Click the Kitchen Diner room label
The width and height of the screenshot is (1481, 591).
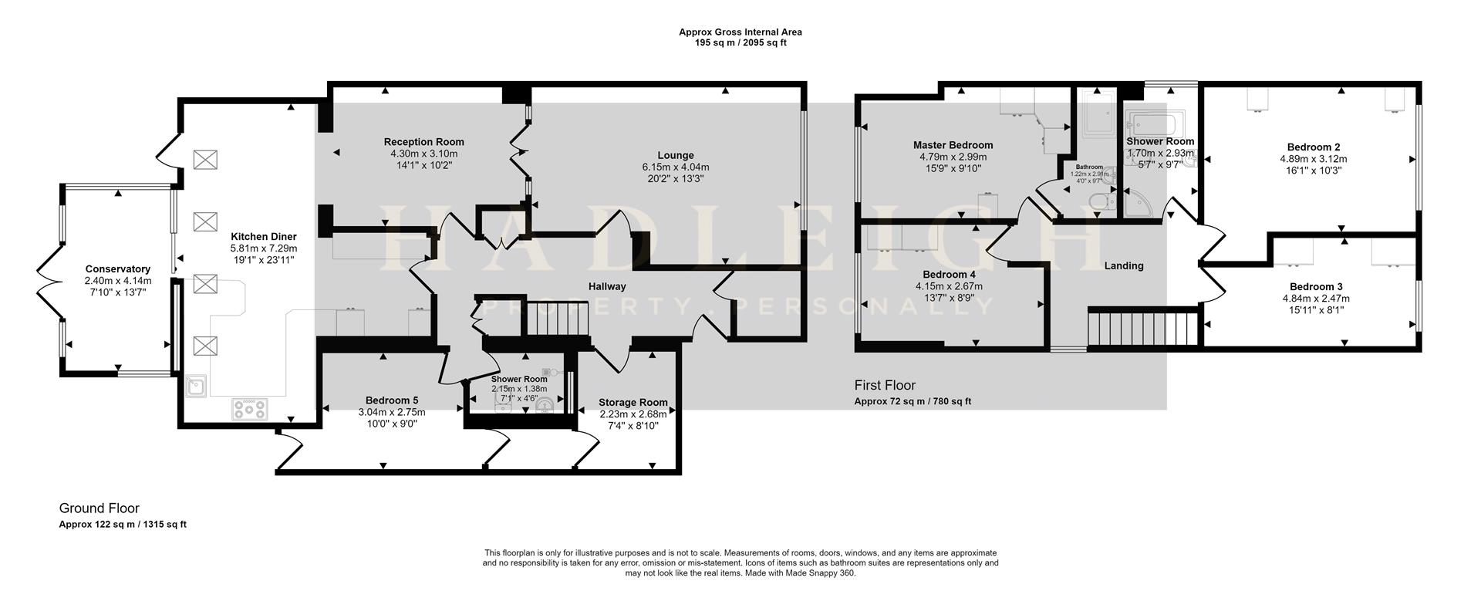click(263, 237)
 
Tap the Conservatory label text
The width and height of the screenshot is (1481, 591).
click(118, 269)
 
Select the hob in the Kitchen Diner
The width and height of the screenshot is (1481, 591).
click(250, 408)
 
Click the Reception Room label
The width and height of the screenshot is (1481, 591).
click(424, 142)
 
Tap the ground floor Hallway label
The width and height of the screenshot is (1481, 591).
click(607, 286)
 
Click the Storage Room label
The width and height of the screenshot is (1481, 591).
click(633, 403)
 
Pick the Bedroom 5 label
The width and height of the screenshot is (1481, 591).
click(392, 400)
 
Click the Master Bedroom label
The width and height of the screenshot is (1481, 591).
click(953, 145)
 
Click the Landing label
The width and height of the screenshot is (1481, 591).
click(1124, 265)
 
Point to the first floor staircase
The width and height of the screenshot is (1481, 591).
click(1141, 327)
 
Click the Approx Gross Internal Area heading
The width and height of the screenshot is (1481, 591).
click(740, 32)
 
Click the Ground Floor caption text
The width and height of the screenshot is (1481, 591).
click(100, 508)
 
